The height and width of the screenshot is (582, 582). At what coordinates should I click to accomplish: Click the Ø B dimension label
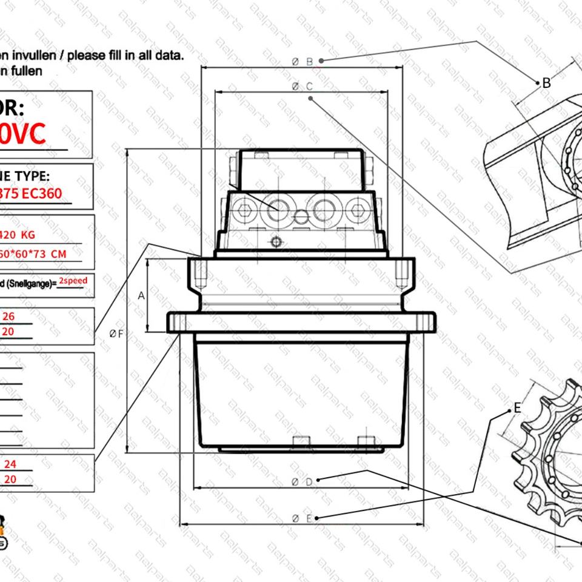302,61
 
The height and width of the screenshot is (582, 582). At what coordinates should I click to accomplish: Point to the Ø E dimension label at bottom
302,518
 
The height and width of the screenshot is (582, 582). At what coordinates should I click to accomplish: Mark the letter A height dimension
141,296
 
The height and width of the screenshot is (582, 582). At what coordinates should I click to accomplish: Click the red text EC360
46,195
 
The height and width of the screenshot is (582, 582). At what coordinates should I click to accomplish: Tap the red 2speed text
73,281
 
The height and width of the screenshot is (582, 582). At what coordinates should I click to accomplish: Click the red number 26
9,316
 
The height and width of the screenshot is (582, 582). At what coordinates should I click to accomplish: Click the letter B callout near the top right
546,83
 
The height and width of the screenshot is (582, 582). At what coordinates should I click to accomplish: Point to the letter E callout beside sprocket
517,408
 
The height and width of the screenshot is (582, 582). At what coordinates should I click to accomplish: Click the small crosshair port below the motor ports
276,242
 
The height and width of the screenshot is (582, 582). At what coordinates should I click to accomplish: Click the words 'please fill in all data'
125,55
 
